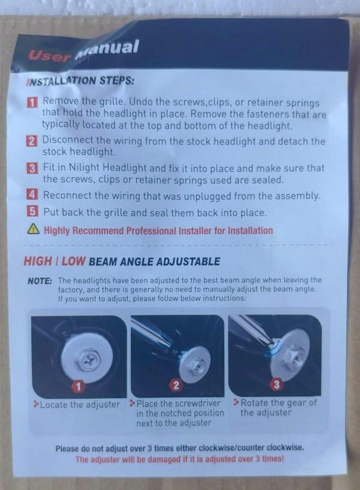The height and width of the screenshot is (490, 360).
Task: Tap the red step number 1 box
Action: pos(32,103)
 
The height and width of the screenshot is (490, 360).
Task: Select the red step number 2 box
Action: pos(32,141)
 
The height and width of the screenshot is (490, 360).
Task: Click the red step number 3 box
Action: pos(32,169)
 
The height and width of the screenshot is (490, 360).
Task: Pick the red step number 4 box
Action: pos(32,195)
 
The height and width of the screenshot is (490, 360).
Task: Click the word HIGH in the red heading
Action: pos(38,261)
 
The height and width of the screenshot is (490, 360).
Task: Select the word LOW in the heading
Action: pos(73,261)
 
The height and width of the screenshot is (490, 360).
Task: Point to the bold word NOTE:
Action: pos(40,281)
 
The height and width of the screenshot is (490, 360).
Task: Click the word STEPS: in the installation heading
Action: pos(116,81)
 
